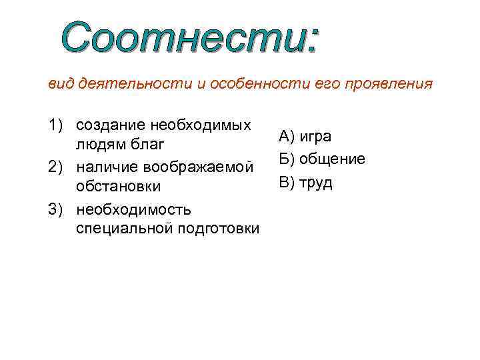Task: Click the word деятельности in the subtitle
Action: tap(137, 85)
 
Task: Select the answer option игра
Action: tap(315, 137)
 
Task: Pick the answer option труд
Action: tap(316, 183)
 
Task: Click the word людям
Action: tap(101, 145)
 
